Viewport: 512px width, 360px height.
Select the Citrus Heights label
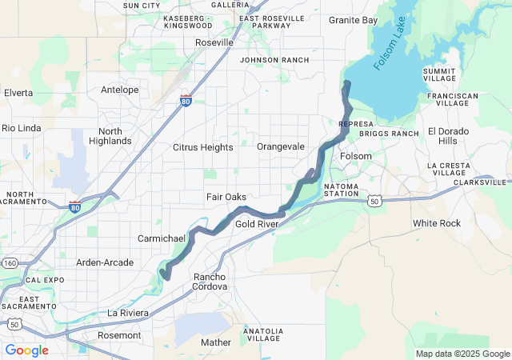pos(203,147)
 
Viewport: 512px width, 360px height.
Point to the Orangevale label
pos(281,146)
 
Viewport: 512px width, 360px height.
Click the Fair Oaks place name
pos(226,197)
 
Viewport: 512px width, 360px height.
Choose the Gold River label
pos(256,224)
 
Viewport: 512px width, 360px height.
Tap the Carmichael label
pos(162,238)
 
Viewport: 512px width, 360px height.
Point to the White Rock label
pos(437,223)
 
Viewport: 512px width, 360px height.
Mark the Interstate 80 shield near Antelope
pos(186,101)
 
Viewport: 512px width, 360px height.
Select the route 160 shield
pos(10,262)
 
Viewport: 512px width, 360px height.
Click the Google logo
pos(26,350)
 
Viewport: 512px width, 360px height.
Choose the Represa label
pos(354,125)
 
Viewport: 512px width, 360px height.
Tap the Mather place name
pos(215,342)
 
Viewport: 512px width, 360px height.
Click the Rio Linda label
pos(20,127)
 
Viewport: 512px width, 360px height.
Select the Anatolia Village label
pos(262,334)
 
